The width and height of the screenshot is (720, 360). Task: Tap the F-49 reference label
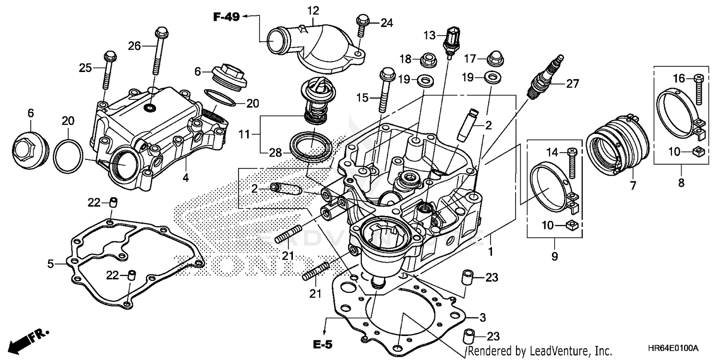[x=227, y=17]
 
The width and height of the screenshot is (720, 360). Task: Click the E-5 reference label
[x=323, y=345]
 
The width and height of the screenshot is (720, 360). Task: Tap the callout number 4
[x=186, y=178]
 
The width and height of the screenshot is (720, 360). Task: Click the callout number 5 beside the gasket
[x=50, y=263]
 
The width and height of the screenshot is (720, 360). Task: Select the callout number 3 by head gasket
[x=483, y=317]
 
